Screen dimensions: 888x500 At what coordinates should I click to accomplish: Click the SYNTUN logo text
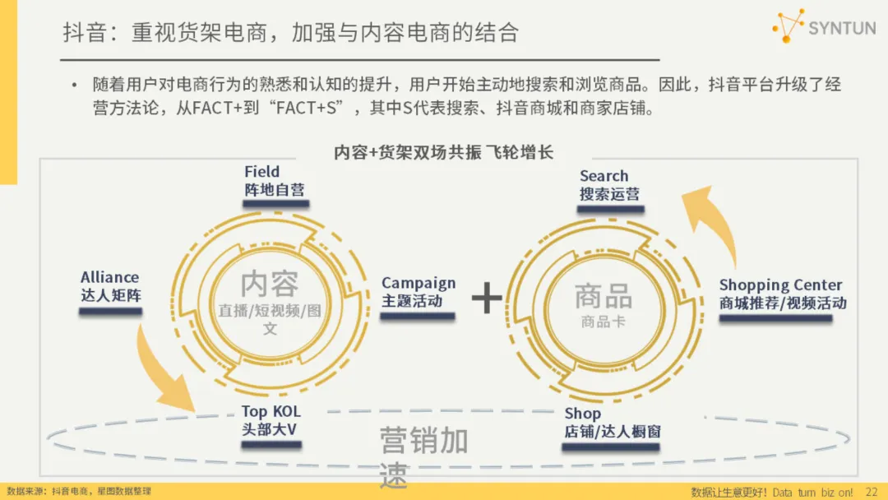pos(842,28)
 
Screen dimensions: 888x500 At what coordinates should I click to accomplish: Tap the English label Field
pos(261,172)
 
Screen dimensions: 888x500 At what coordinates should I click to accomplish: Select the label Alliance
pos(109,277)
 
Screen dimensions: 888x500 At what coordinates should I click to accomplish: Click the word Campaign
pos(418,283)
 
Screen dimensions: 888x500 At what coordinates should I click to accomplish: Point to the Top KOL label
pos(271,411)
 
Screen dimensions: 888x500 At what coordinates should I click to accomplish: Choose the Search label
pos(604,176)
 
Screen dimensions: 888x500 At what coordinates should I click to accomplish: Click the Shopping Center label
pos(780,285)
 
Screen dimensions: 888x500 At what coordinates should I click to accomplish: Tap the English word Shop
pos(582,414)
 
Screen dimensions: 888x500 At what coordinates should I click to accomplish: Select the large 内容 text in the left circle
pos(270,285)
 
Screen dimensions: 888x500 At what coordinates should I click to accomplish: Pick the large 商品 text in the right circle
pos(604,296)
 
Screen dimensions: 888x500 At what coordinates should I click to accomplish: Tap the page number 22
pos(872,492)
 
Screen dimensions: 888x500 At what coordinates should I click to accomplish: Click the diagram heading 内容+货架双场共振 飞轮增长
pos(443,152)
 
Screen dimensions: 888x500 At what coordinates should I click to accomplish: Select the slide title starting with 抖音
pos(291,33)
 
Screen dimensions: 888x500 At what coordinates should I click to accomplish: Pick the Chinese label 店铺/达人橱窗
pos(612,432)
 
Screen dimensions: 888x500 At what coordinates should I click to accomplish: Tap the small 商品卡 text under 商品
pos(603,322)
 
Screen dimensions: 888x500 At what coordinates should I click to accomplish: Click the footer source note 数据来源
pos(78,491)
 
